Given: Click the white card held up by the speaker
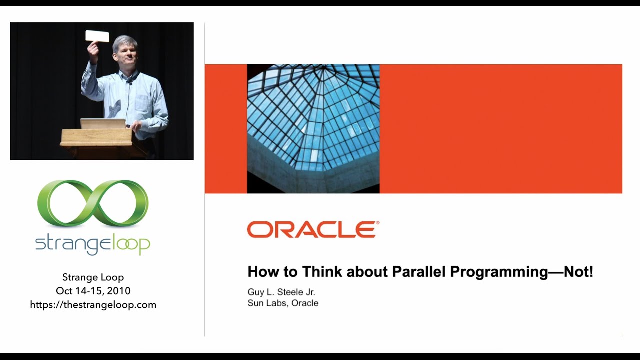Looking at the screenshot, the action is [x=97, y=36].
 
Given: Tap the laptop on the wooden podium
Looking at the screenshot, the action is [x=103, y=124].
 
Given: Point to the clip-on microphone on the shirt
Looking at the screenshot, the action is [x=130, y=83].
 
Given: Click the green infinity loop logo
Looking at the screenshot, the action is [x=93, y=203].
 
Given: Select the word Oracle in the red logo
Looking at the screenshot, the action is [x=313, y=229].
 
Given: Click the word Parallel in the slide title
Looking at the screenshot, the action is [x=419, y=271].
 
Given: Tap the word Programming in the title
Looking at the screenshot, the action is [x=499, y=272].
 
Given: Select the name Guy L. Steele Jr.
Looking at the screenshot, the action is [x=281, y=292].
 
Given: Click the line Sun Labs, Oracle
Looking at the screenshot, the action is [x=283, y=303].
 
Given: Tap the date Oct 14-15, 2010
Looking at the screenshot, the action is [x=93, y=291].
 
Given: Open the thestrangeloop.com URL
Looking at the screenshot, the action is [x=93, y=305].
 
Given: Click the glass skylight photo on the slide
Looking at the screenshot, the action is [x=313, y=129].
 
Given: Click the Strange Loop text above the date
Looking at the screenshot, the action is [x=93, y=277].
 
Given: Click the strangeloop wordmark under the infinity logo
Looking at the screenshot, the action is [x=93, y=245].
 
